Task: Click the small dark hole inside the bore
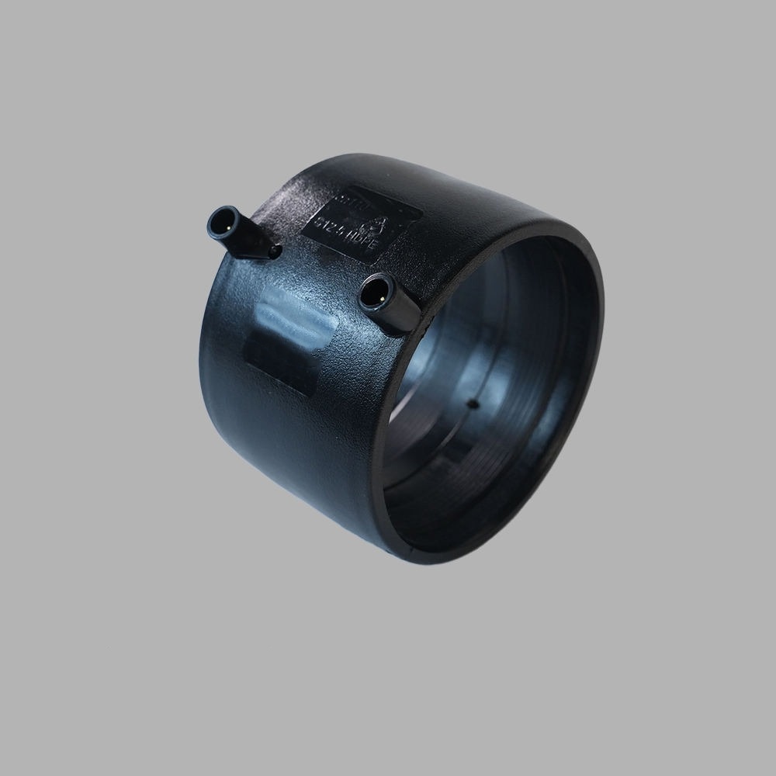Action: click(473, 404)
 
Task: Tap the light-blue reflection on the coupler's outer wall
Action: click(291, 314)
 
